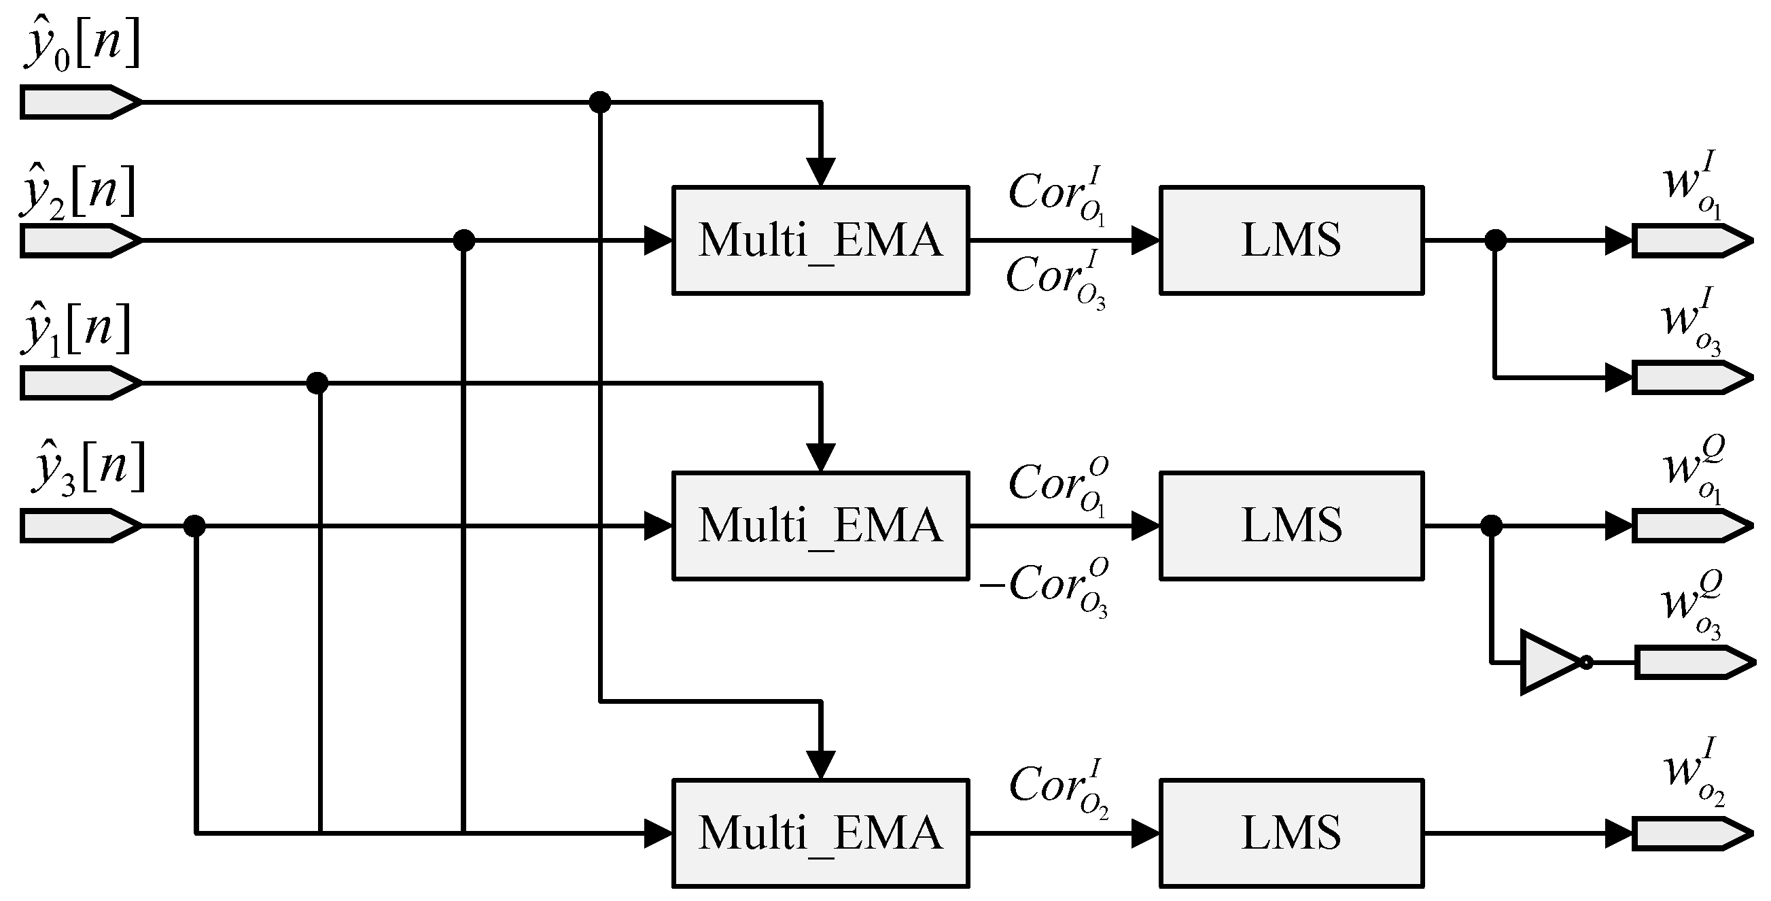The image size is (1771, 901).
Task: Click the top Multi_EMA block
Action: [x=820, y=240]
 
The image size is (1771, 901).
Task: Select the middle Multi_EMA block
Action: [x=820, y=526]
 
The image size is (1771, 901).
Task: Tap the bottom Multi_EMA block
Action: [x=820, y=833]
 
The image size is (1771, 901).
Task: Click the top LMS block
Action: [x=1291, y=240]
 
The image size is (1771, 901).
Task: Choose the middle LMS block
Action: [x=1291, y=526]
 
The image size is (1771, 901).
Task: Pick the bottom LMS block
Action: [x=1291, y=833]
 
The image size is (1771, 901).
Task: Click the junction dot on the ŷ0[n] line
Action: [x=600, y=103]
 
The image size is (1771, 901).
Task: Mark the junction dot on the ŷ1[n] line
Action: [x=317, y=383]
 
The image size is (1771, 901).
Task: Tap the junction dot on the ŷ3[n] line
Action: [x=194, y=526]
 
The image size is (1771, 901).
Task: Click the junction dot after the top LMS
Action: [x=1495, y=241]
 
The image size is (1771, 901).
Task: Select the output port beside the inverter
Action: [x=1691, y=662]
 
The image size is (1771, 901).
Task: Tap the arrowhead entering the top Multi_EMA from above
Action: [x=821, y=171]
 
